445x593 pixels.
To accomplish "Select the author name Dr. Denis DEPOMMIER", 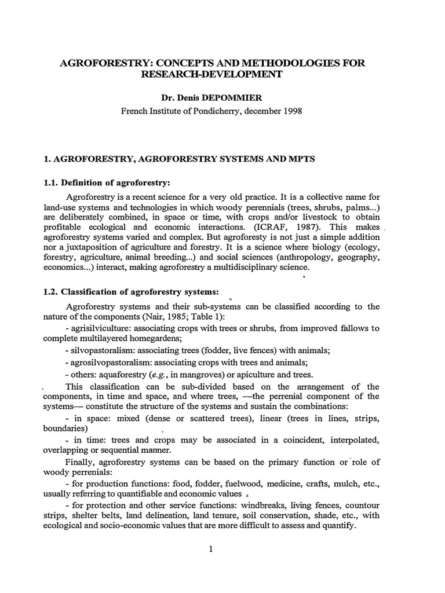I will [x=222, y=98].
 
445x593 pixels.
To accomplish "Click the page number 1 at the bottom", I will [x=212, y=550].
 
